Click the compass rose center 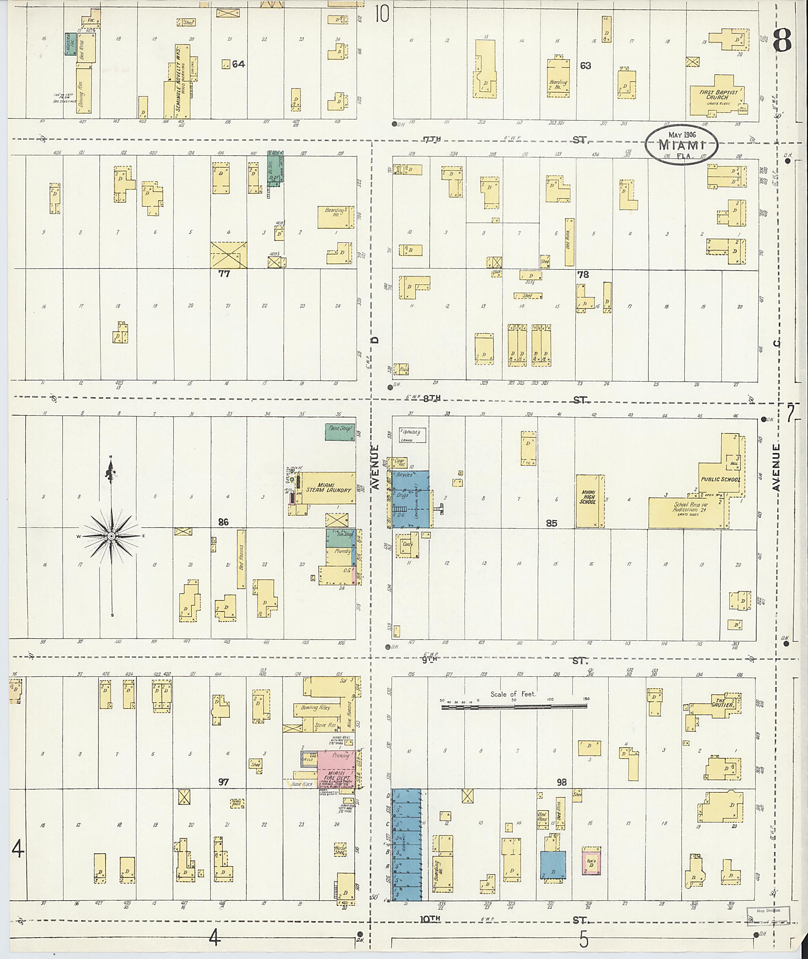tap(111, 536)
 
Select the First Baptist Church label tap(718, 94)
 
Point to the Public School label tap(720, 479)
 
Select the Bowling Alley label tap(316, 708)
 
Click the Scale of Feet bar tap(514, 707)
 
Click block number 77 tap(224, 274)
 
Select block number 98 tap(561, 782)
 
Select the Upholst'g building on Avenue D tap(413, 435)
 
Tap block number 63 tap(585, 66)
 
